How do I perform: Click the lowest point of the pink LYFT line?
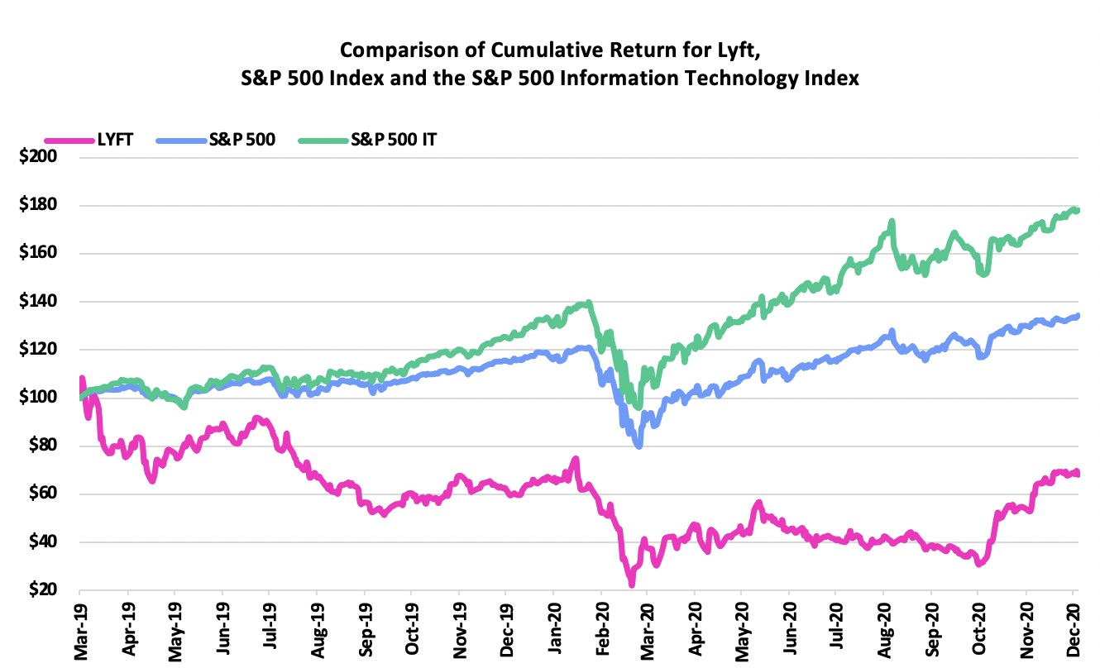coord(632,584)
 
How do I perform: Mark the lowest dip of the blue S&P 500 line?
coord(638,446)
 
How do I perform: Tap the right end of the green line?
coord(1077,210)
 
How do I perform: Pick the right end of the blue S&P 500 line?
coord(1077,315)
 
